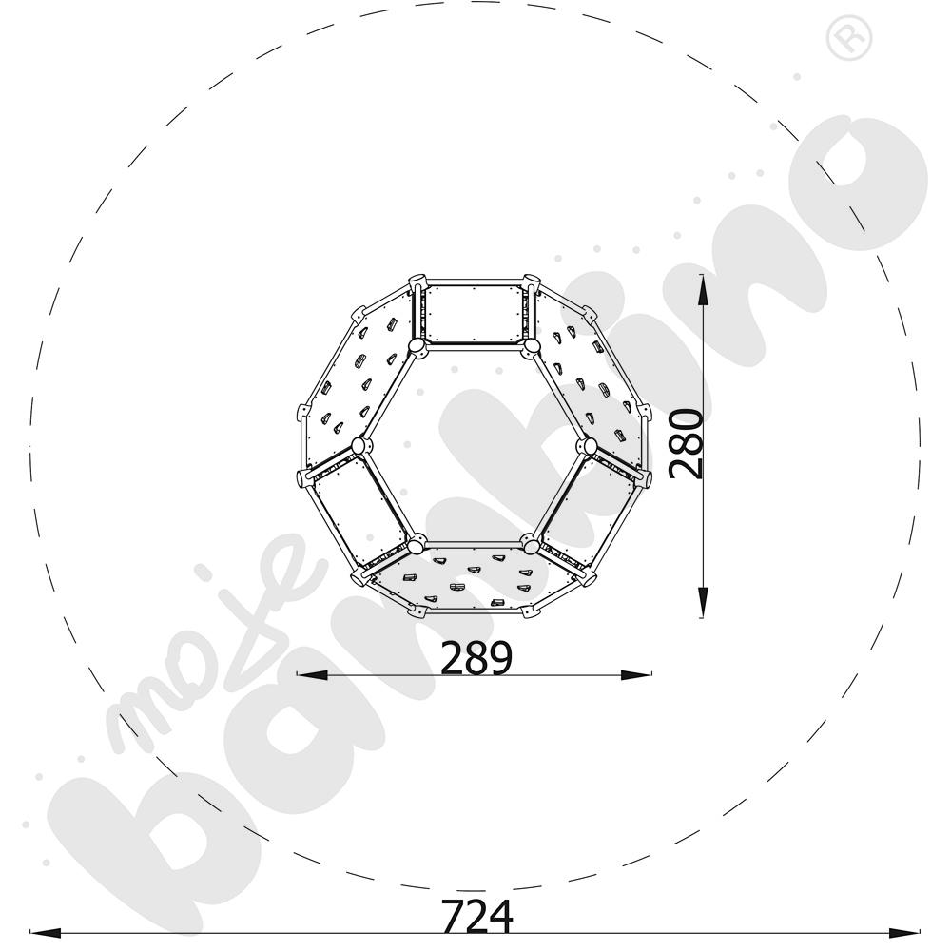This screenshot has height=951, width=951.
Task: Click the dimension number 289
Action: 476,658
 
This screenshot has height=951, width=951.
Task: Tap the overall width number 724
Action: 476,917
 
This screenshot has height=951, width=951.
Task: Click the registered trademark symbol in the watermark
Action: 848,38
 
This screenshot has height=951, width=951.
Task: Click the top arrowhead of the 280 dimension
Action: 702,289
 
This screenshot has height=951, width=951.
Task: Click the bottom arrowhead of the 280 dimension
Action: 702,602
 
